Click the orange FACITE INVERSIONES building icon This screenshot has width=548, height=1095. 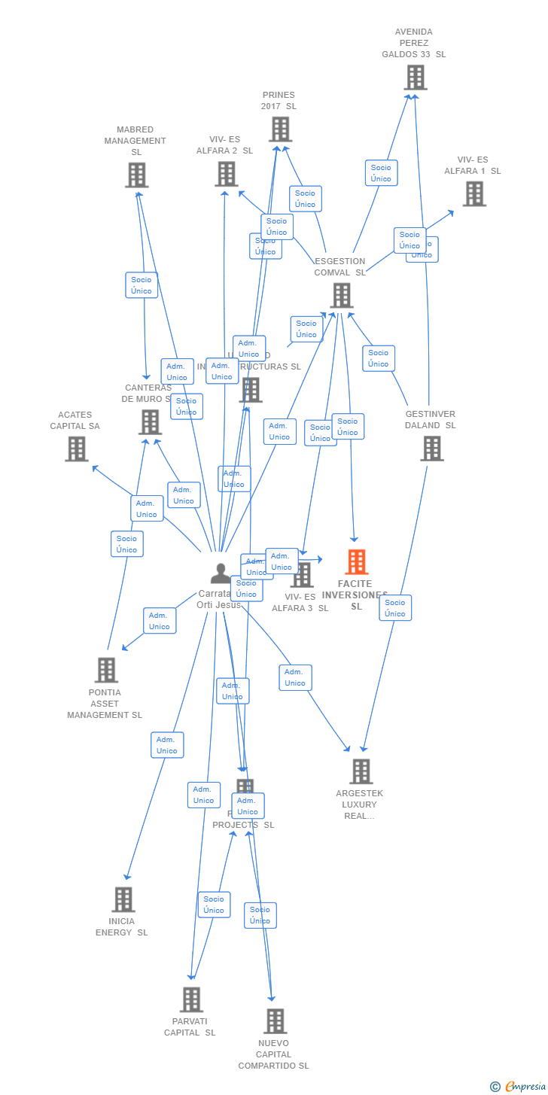356,561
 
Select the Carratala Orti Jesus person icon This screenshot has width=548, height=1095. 221,573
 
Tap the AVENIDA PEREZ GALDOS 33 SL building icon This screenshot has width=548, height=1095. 415,78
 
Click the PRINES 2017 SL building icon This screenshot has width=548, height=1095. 280,129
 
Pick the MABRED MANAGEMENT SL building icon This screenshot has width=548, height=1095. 136,175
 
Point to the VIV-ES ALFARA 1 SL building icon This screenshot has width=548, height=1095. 473,194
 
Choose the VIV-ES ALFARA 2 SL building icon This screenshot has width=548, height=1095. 226,174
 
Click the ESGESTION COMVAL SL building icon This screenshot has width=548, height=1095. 341,295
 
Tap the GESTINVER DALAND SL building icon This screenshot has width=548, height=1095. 431,449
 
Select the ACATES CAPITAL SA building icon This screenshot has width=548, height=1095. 76,449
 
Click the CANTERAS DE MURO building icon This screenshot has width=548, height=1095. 150,422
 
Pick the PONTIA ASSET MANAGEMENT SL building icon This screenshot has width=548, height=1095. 106,670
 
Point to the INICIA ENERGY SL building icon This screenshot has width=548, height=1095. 123,899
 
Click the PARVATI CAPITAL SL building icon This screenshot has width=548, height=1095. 191,999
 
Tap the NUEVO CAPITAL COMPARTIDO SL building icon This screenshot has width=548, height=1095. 275,1021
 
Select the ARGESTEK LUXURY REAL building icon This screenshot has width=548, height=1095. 361,771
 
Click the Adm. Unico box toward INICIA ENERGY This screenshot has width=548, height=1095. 167,745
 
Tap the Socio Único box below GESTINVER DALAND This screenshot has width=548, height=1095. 395,608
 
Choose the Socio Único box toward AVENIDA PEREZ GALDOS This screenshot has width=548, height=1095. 381,173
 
